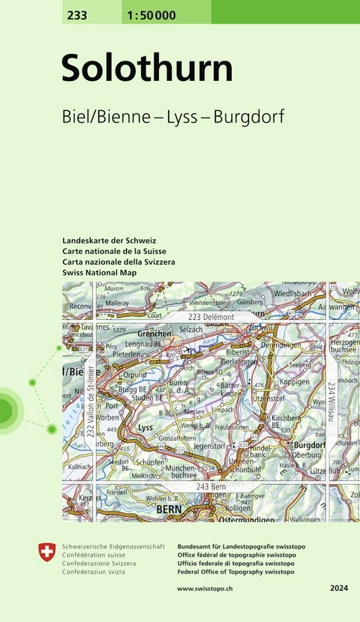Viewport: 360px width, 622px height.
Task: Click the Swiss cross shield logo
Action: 46,552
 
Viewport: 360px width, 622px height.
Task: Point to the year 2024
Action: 339,589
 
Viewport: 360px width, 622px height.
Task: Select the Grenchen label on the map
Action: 154,333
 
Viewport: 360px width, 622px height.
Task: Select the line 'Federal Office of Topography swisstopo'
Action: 236,572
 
